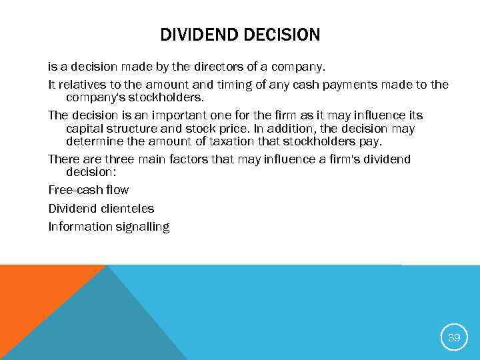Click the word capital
tap(86, 128)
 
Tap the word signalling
tap(142, 227)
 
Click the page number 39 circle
tap(453, 337)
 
